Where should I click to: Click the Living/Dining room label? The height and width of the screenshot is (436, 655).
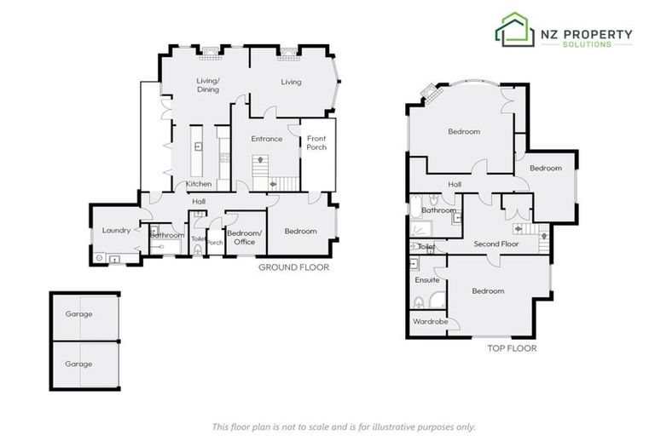(208, 85)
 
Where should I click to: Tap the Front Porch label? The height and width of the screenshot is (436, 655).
(316, 142)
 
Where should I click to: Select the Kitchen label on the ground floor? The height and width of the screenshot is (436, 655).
(199, 184)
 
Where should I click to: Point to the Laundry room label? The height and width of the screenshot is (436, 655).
(115, 231)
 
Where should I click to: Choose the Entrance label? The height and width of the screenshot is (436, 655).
(266, 139)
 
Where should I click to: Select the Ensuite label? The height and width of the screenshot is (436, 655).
(426, 279)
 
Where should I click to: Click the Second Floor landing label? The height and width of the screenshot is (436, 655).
(496, 244)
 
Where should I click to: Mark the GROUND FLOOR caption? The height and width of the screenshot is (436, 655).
(293, 267)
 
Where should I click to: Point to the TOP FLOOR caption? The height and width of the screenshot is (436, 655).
(511, 348)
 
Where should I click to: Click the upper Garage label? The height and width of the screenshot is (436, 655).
(78, 314)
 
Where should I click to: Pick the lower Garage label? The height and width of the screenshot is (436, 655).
(78, 364)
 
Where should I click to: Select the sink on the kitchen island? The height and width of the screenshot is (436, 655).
(198, 146)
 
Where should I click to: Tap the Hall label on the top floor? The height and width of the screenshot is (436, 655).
(455, 184)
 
